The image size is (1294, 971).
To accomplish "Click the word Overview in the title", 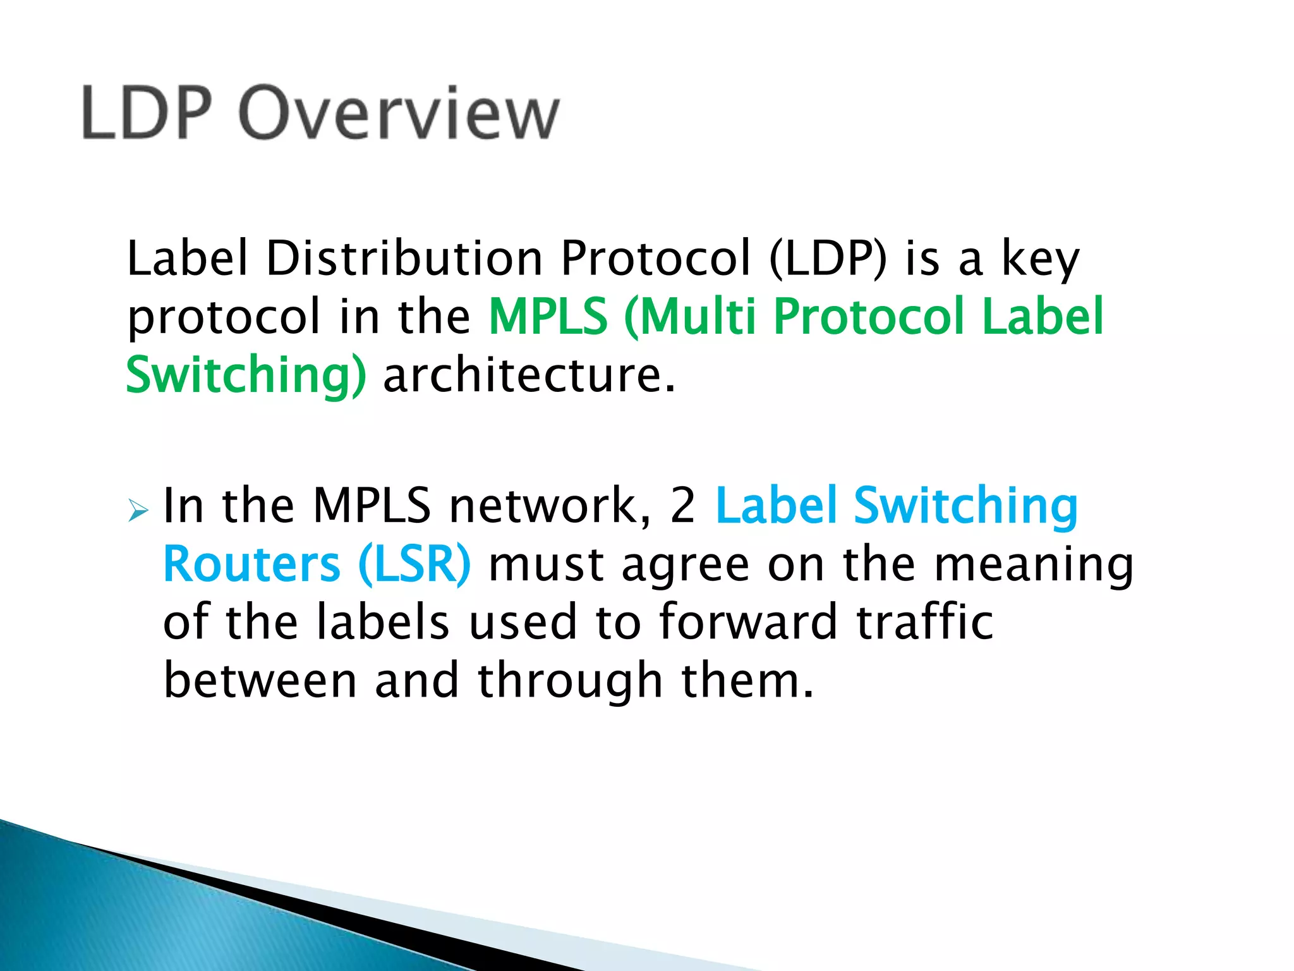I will point(399,114).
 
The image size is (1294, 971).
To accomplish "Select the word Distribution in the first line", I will point(404,259).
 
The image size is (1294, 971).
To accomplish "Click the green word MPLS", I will point(548,316).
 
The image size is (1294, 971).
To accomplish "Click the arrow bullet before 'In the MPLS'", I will point(137,510).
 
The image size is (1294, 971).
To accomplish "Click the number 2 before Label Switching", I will point(682,506).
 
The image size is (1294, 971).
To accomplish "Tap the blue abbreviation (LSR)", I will point(414,564).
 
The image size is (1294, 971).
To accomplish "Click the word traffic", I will point(925,622).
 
